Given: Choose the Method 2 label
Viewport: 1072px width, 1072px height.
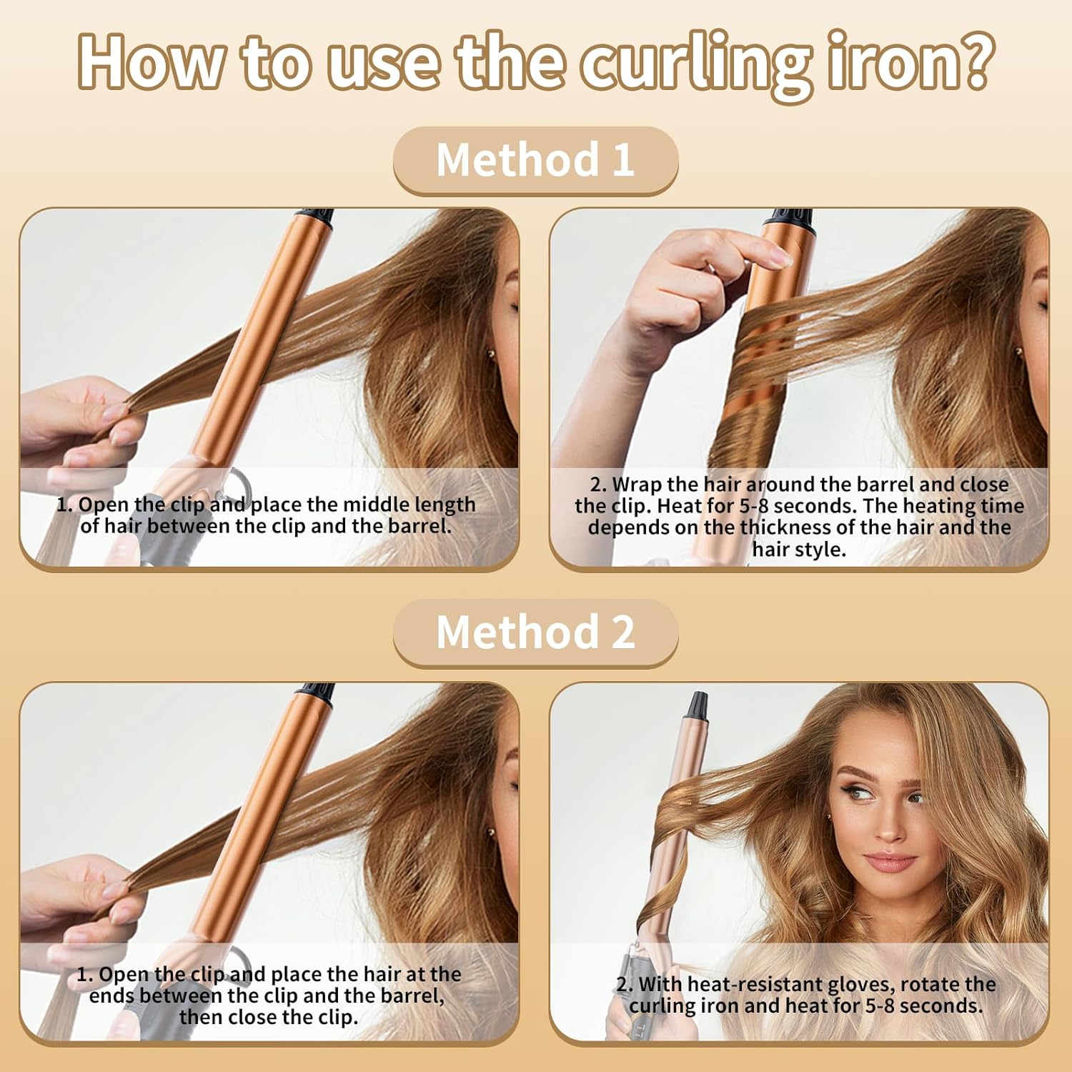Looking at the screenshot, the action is (535, 632).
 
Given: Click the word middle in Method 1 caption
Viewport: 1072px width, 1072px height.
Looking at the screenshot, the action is (374, 504).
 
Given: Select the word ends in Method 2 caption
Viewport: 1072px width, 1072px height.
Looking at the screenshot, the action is (111, 996).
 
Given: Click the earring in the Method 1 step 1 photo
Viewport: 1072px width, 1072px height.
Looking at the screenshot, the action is (492, 353).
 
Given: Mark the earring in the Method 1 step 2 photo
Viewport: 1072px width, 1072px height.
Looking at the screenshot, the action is (1021, 350).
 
